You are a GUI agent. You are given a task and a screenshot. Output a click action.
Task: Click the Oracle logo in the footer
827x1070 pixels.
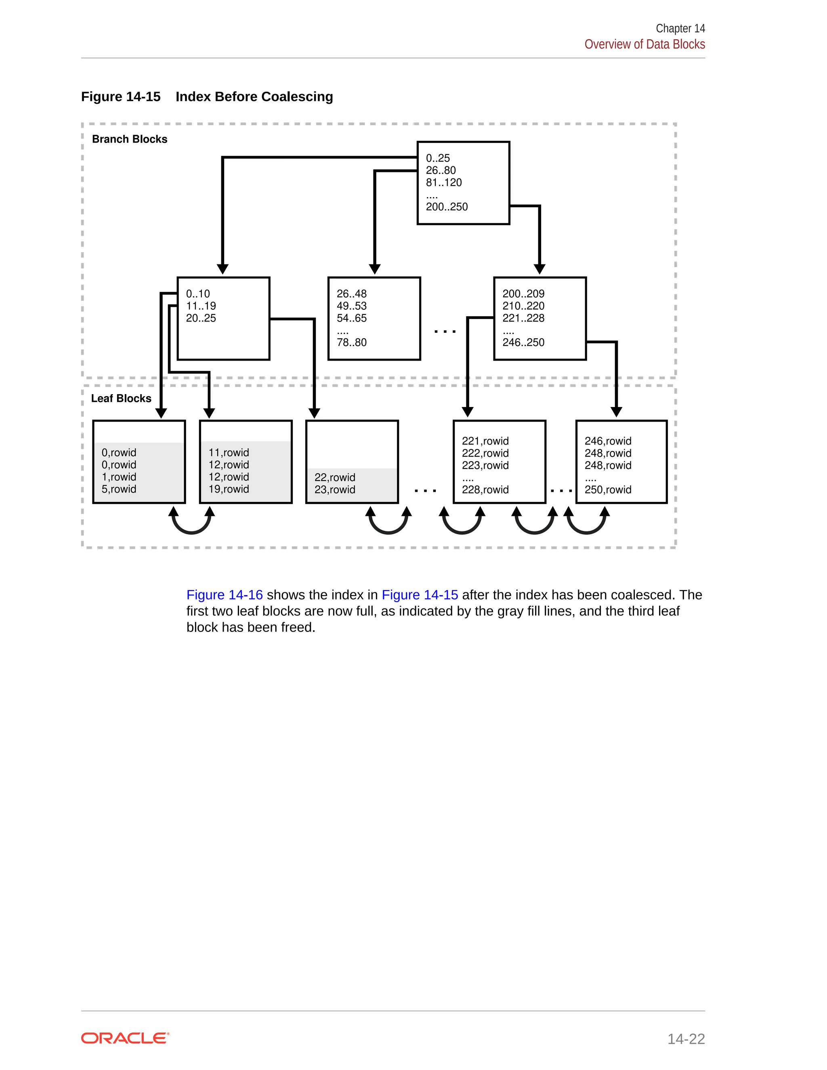pos(125,1038)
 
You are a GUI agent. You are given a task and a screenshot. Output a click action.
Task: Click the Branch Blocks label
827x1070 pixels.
pos(129,139)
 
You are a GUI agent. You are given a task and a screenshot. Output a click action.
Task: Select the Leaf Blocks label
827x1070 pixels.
pos(121,398)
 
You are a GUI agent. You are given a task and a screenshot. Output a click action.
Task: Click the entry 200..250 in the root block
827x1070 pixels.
pos(446,207)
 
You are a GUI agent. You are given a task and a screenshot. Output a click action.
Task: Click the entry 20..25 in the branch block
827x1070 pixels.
pos(201,318)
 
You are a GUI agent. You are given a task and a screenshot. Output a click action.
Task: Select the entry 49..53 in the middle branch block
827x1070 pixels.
pos(351,306)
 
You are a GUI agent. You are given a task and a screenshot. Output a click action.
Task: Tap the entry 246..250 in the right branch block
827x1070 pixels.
pos(523,342)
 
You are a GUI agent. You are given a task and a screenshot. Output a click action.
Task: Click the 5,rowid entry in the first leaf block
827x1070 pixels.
pos(119,489)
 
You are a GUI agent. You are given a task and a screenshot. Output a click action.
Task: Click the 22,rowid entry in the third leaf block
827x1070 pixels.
pos(335,477)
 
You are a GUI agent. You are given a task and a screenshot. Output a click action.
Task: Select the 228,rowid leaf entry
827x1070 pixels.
pos(485,489)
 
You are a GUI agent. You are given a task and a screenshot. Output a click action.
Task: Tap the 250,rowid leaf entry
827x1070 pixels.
pos(607,489)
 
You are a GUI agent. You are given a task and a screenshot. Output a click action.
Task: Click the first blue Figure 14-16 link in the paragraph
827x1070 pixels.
pos(225,595)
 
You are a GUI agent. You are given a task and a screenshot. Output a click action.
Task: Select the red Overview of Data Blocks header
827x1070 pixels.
pos(644,44)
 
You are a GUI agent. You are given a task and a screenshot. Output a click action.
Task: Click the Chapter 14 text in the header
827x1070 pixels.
pos(680,28)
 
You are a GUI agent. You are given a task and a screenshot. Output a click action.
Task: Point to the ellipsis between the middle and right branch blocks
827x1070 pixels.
pos(445,331)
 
